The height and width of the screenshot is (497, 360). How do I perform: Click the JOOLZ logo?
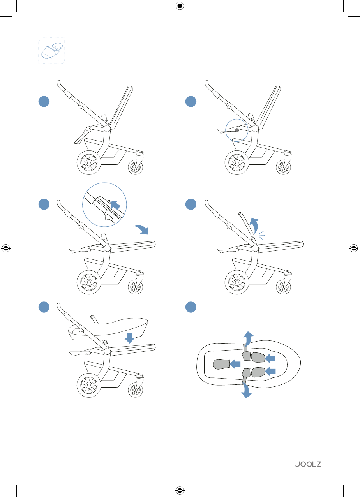click(308, 464)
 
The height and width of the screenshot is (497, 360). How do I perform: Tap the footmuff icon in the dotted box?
click(52, 51)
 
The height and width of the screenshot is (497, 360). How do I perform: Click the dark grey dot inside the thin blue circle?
click(237, 130)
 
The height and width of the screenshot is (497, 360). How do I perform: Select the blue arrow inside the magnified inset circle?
click(115, 204)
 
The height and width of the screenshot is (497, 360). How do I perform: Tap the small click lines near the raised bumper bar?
click(262, 235)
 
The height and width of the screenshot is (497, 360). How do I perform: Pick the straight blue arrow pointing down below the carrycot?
click(129, 338)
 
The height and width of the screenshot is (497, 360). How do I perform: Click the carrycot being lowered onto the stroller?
click(108, 329)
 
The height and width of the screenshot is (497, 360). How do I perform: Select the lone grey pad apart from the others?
click(220, 364)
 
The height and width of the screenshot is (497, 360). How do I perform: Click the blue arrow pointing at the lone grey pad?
click(235, 364)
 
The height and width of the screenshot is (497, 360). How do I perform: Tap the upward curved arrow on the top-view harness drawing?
click(248, 338)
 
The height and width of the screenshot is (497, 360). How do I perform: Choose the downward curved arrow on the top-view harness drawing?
click(246, 391)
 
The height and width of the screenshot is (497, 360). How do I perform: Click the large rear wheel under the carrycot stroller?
click(88, 385)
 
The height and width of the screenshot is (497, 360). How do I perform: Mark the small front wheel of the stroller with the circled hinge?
click(283, 167)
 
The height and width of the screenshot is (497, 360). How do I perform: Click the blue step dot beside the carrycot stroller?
click(44, 307)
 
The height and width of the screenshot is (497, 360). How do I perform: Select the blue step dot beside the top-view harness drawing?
click(191, 307)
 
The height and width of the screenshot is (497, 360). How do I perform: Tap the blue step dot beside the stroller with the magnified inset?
click(44, 204)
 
